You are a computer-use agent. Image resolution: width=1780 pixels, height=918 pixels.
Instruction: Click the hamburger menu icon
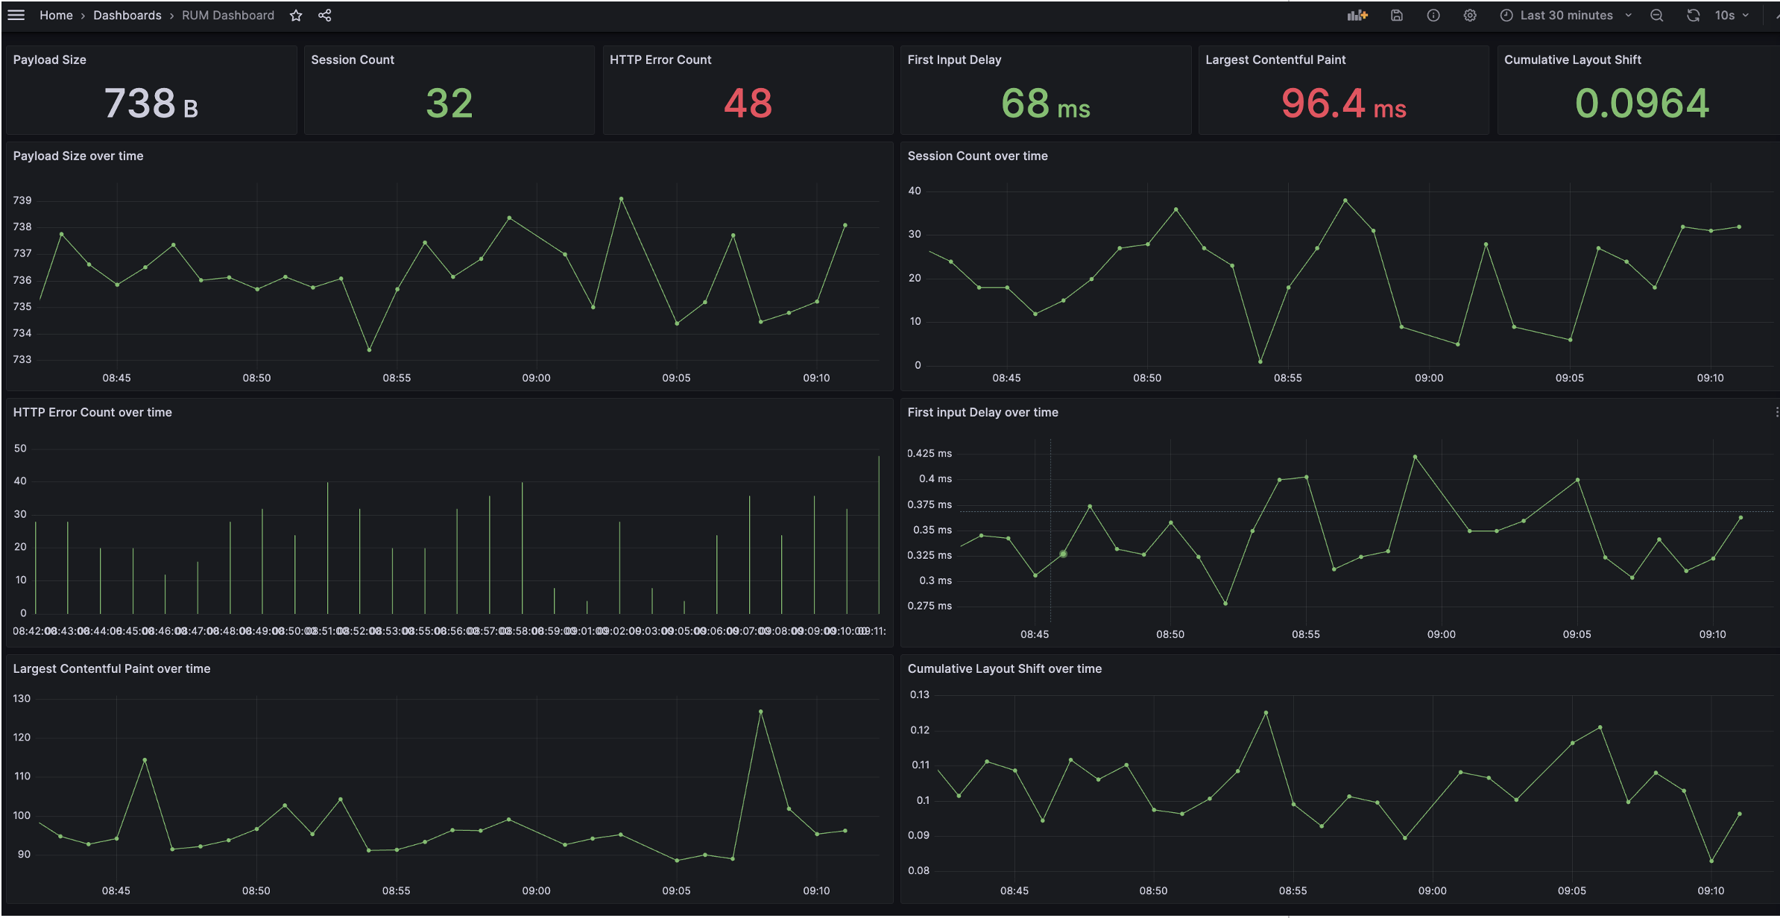[x=16, y=15]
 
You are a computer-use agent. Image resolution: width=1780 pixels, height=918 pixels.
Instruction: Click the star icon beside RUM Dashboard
[x=296, y=16]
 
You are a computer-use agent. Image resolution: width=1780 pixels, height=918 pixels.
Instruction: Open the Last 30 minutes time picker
[x=1565, y=16]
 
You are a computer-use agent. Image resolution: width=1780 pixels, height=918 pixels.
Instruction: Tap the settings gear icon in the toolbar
[x=1469, y=16]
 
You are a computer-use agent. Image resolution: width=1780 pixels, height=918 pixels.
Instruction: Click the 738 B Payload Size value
[x=151, y=104]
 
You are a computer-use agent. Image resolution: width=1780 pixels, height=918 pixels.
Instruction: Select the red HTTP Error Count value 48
[x=748, y=104]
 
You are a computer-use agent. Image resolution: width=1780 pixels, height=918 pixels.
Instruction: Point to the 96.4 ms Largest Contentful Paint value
[x=1343, y=104]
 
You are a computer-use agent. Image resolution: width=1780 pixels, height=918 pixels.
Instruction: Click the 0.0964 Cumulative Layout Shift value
[x=1641, y=104]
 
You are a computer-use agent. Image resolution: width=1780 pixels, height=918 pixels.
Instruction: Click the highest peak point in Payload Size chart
[x=621, y=199]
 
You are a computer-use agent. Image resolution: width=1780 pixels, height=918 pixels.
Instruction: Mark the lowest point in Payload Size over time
[x=369, y=349]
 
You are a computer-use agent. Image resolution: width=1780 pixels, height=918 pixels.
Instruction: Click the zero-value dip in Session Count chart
[x=1260, y=362]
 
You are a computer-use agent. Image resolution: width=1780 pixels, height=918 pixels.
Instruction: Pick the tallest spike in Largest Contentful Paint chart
[x=760, y=712]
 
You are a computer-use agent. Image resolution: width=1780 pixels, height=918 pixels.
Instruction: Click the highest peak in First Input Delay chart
[x=1415, y=457]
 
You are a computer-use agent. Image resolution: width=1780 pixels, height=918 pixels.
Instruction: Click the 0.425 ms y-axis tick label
[x=929, y=453]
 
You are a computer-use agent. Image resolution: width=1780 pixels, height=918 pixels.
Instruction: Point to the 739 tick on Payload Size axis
[x=22, y=200]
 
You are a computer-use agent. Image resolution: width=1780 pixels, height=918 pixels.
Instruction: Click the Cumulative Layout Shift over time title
[x=1004, y=668]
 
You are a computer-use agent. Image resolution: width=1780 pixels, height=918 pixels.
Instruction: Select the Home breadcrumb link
[x=56, y=16]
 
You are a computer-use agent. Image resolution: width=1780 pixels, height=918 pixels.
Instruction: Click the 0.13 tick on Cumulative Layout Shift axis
[x=919, y=694]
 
